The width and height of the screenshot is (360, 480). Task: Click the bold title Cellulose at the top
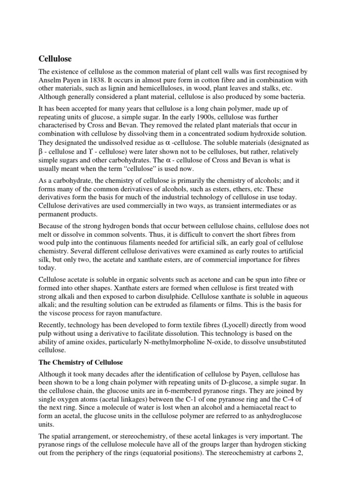[x=54, y=60]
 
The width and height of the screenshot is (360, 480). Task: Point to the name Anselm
[x=50, y=80]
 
